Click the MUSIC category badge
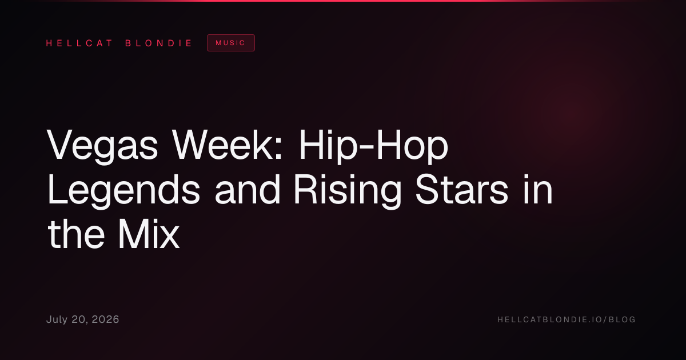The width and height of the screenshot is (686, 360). point(231,43)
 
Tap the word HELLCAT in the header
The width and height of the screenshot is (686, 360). point(79,43)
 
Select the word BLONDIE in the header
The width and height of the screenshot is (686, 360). point(158,43)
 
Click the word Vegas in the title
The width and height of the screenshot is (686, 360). point(102,145)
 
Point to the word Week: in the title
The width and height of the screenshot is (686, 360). point(227,144)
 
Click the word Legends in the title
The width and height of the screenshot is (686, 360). point(123,190)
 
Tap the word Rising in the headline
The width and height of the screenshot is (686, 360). point(348,190)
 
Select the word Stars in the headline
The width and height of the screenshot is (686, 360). point(462,189)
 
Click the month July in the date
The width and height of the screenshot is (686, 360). point(57,319)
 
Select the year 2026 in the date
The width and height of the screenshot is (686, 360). point(105,319)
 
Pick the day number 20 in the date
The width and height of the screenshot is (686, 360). point(79,320)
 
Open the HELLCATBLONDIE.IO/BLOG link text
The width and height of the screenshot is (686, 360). point(567,319)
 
